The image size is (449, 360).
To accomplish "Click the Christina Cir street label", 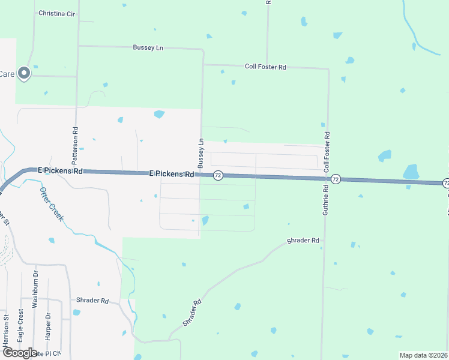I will (x=56, y=13).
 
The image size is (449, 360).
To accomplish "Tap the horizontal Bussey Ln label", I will (x=148, y=47).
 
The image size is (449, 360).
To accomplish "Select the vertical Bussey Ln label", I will (x=202, y=153).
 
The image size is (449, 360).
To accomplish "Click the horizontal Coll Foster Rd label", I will (x=265, y=67).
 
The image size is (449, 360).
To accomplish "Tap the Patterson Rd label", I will (x=75, y=146).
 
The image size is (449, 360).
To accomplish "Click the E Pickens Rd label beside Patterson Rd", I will (x=60, y=171).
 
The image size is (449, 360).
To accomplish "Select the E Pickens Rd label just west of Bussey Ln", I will (x=172, y=174).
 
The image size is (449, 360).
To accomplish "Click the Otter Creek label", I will (x=51, y=202).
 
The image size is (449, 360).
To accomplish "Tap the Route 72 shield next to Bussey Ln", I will (x=218, y=175).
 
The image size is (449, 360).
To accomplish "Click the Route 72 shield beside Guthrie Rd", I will (x=336, y=179).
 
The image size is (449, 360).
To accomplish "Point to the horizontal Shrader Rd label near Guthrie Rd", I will (x=303, y=241).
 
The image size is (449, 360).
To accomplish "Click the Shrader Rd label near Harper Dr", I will (x=92, y=300).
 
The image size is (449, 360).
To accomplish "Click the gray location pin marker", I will (x=24, y=73).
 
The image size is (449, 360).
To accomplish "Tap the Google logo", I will (x=19, y=353).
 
